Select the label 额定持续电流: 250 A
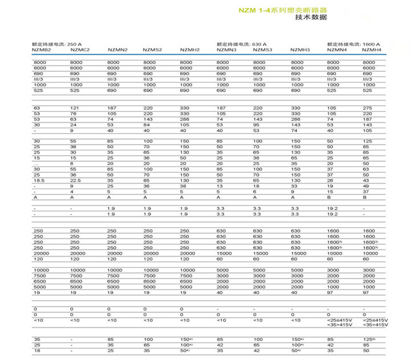[56, 44]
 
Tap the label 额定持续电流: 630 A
[241, 44]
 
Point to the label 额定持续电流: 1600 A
[353, 44]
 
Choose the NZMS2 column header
[153, 50]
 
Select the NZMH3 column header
[300, 50]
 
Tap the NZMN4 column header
[336, 50]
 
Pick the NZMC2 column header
[80, 50]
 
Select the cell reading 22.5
[76, 179]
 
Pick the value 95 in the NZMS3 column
[257, 124]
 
